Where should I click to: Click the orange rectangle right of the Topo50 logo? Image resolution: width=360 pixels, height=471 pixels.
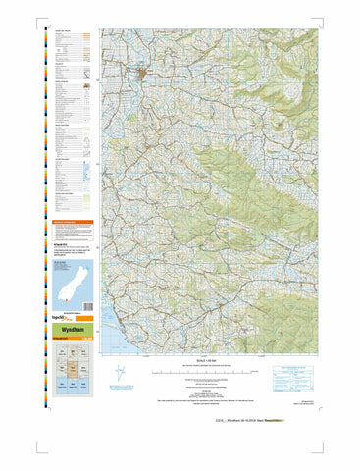click(85, 319)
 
